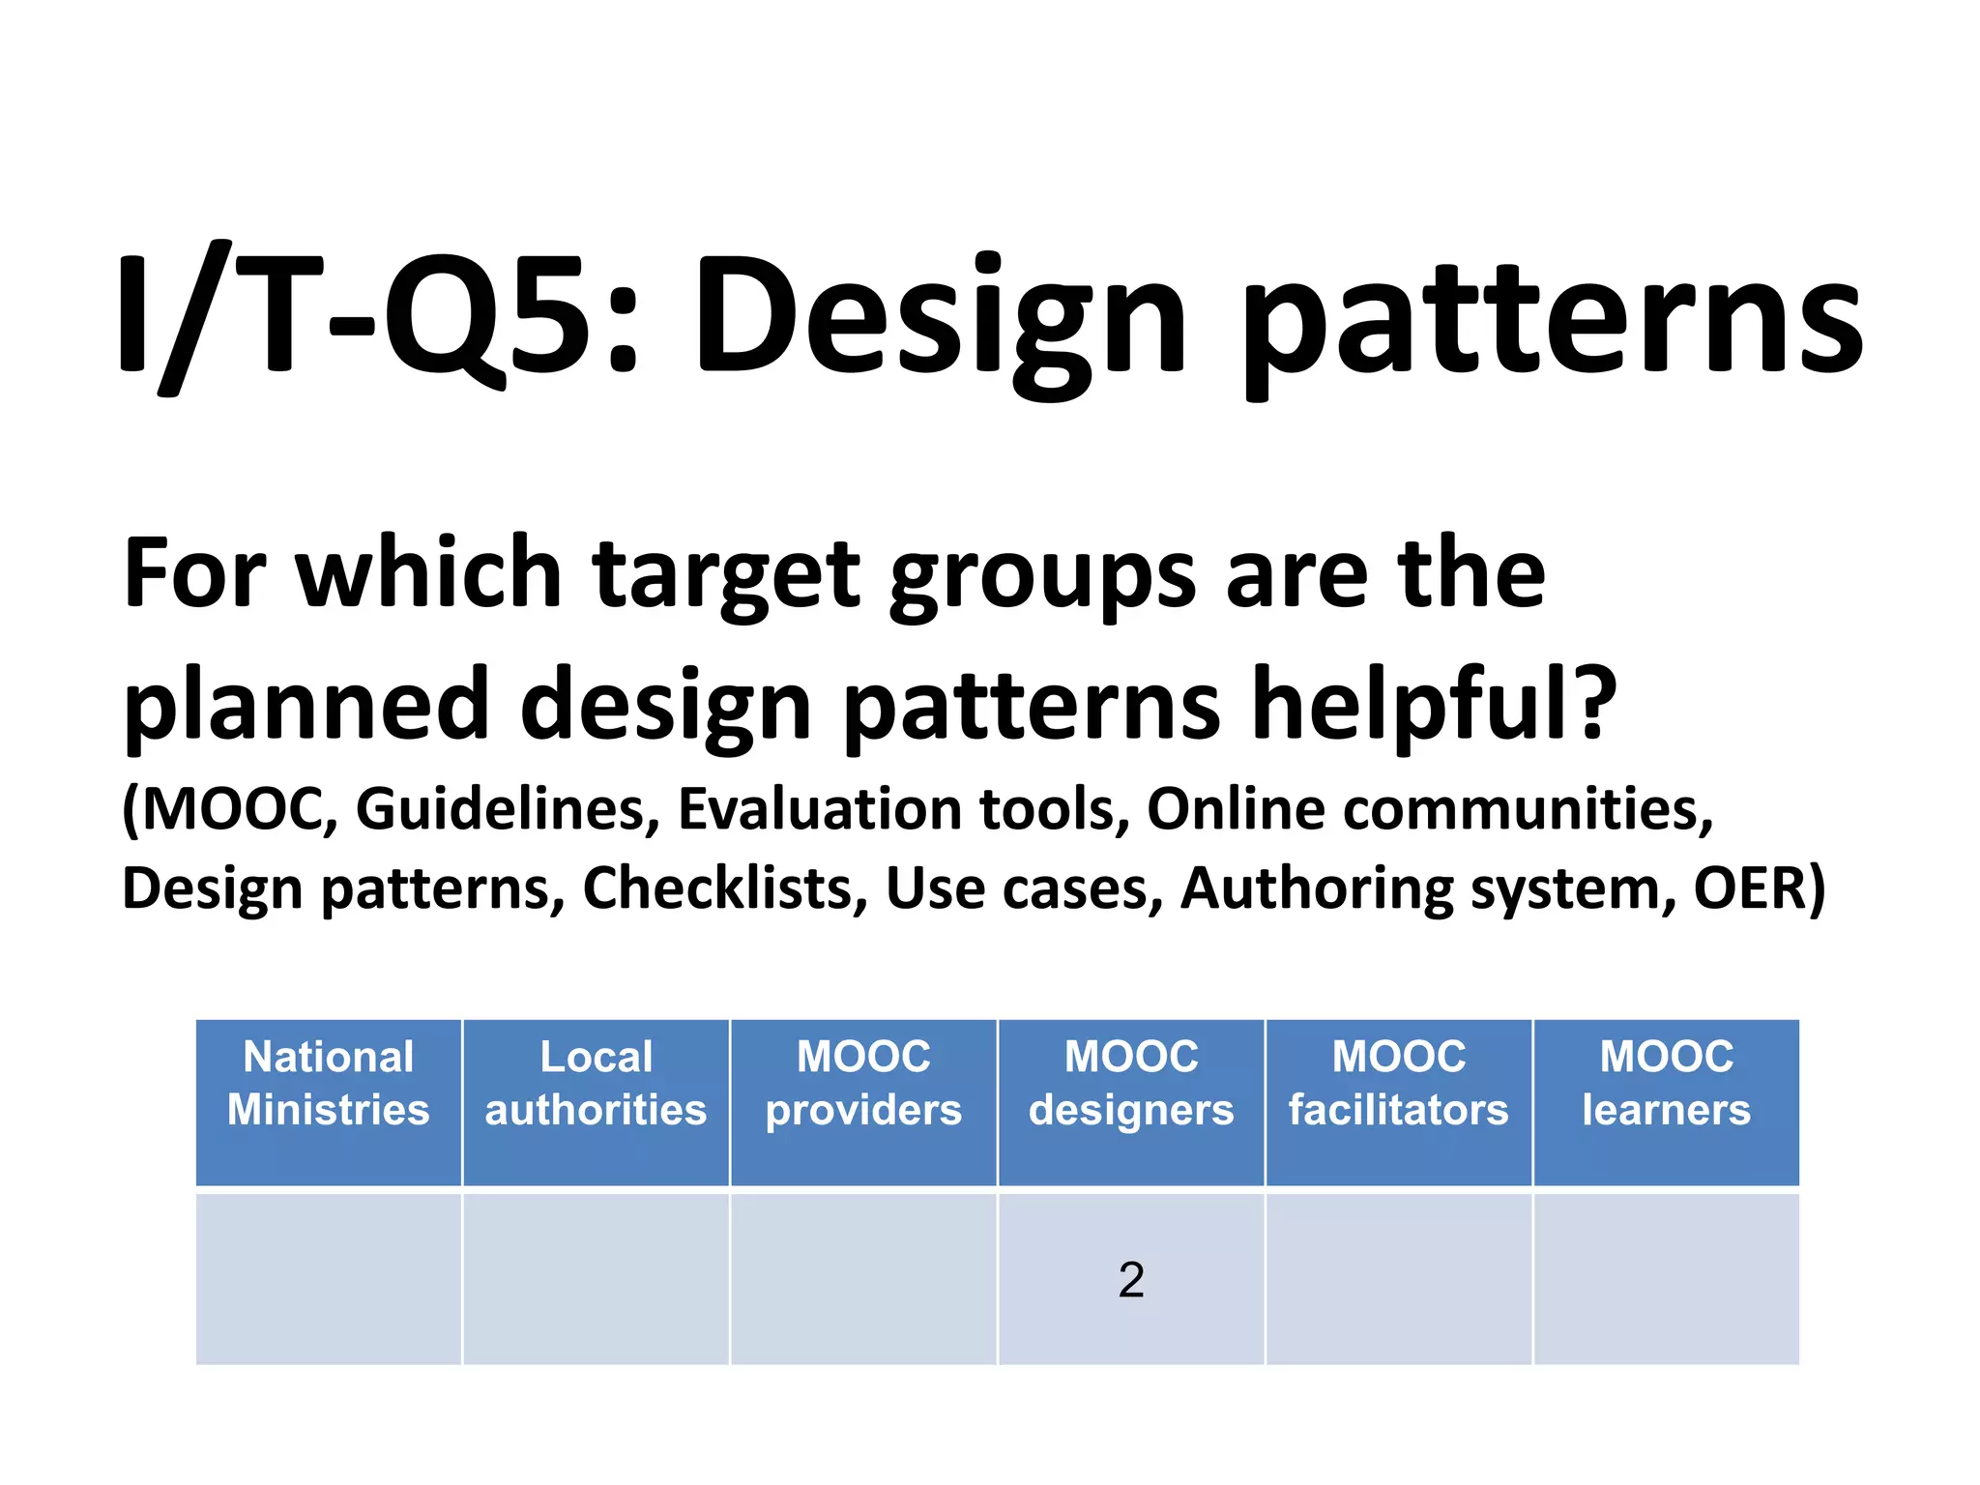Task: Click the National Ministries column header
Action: (329, 1084)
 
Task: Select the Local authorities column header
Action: (596, 1084)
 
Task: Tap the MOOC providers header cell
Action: (863, 1084)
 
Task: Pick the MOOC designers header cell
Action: (1131, 1084)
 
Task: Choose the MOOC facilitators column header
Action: (1398, 1084)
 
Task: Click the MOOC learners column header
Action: (1666, 1084)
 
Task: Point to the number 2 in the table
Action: (1131, 1280)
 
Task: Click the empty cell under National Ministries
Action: (329, 1279)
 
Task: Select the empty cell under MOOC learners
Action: (1666, 1279)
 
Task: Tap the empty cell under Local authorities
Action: (596, 1279)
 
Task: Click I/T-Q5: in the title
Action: (377, 314)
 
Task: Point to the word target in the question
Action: (726, 574)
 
